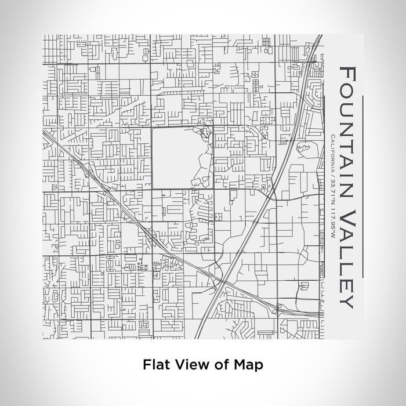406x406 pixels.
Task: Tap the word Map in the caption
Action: pos(249,365)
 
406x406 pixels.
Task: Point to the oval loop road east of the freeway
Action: pos(303,149)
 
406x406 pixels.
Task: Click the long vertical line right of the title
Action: pos(364,186)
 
